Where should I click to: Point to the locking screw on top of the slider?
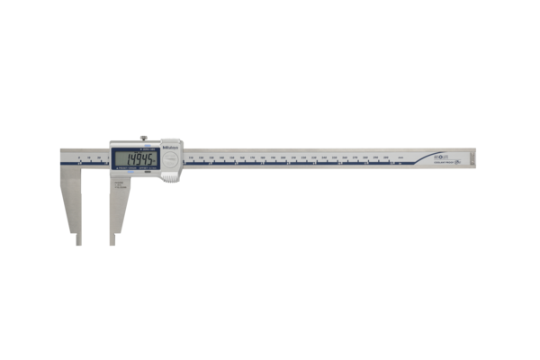click(x=143, y=139)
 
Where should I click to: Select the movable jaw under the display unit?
click(x=119, y=202)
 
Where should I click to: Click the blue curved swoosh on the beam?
click(x=423, y=160)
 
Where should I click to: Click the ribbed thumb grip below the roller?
click(x=170, y=176)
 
